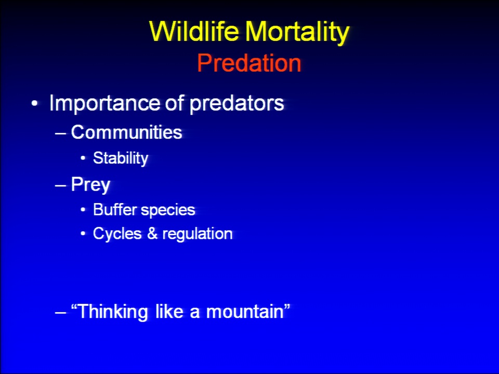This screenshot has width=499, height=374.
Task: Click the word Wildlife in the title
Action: (194, 31)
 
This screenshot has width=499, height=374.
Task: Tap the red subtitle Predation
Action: (249, 63)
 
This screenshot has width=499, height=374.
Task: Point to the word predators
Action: (237, 104)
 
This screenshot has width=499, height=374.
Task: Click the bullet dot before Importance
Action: (34, 104)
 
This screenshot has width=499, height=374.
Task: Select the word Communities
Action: (126, 132)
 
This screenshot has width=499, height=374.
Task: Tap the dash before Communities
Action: (60, 133)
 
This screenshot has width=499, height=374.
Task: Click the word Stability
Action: (121, 158)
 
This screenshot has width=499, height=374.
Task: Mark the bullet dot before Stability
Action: (83, 158)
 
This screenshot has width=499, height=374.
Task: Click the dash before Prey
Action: (60, 185)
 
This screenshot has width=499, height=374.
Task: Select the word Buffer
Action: (115, 209)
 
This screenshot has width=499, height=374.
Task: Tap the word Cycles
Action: (117, 234)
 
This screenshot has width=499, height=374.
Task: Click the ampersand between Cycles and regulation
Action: (152, 234)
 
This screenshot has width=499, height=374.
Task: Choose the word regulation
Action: (198, 234)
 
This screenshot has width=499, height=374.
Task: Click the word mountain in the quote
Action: (245, 311)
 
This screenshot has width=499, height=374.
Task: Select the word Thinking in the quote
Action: (112, 312)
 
